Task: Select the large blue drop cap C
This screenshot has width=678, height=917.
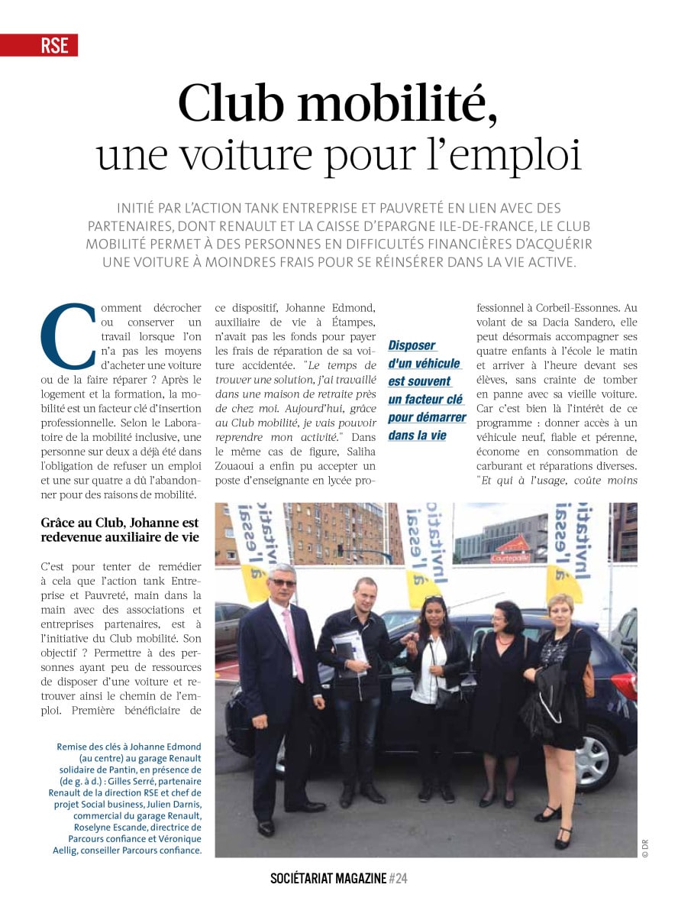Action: pyautogui.click(x=68, y=336)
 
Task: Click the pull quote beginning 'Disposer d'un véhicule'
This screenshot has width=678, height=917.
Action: pyautogui.click(x=427, y=390)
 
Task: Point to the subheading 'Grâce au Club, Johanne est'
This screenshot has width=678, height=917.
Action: pyautogui.click(x=120, y=523)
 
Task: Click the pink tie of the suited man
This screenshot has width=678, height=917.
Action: pyautogui.click(x=292, y=641)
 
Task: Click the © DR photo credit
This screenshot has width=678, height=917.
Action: pyautogui.click(x=645, y=848)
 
